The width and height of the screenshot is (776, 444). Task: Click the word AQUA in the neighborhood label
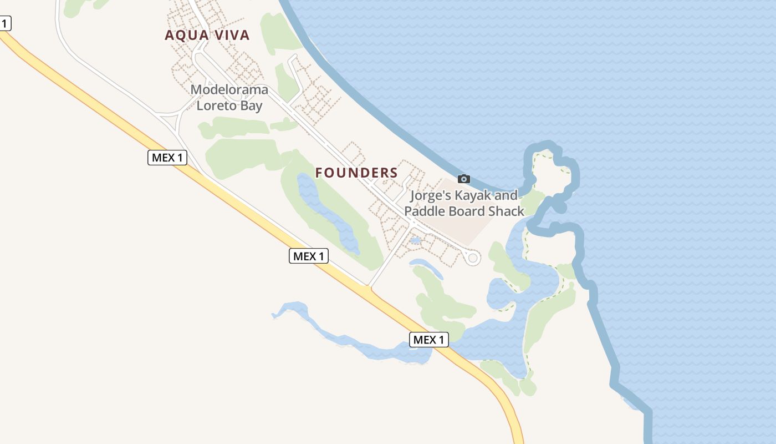(x=186, y=36)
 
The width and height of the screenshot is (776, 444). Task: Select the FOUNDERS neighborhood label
(x=356, y=173)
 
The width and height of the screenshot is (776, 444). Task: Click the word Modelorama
(x=229, y=89)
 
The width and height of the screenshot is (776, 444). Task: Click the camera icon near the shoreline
(x=464, y=179)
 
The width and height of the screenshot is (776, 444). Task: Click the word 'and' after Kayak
(x=507, y=195)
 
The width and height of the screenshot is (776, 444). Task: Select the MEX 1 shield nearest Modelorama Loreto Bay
(x=167, y=158)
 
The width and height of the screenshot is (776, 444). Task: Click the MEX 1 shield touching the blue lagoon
(x=429, y=340)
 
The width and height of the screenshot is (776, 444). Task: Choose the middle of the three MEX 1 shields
(x=309, y=256)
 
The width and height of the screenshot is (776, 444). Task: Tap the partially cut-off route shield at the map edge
(x=4, y=24)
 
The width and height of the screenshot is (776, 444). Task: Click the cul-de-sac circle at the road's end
(x=473, y=258)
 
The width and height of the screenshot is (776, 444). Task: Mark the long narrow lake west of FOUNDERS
(x=327, y=214)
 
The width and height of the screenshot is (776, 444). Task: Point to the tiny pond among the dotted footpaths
(x=415, y=241)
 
